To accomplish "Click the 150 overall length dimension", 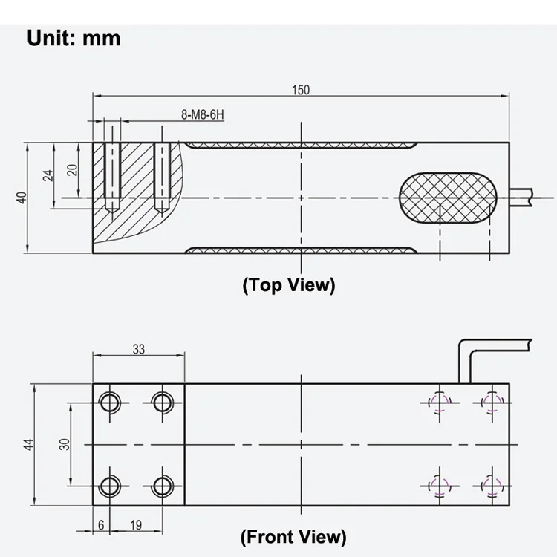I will [300, 90].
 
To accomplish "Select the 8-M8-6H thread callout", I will [203, 115].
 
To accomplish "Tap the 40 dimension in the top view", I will [22, 198].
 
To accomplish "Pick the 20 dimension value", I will [72, 169].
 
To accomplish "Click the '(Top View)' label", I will [288, 284].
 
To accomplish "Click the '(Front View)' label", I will [293, 535].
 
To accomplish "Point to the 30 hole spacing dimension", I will [65, 444].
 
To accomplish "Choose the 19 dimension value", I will [137, 524].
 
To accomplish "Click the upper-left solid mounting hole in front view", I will [110, 403].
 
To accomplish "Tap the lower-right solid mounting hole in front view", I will [162, 486].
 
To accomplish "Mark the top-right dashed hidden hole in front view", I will [490, 403].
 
